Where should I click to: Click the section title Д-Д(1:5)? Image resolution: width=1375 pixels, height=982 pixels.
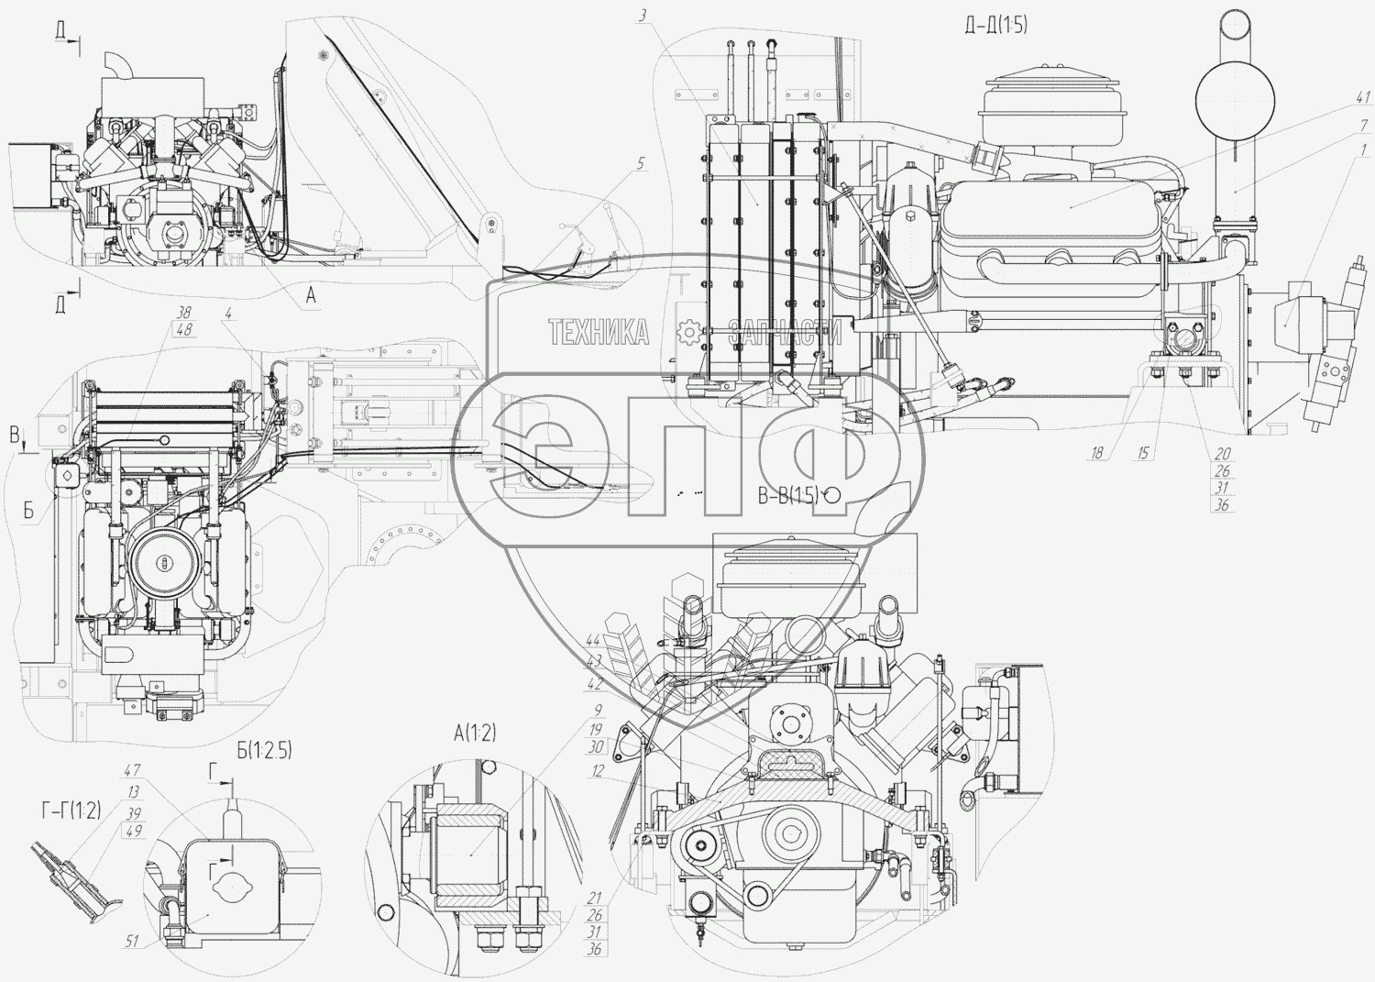(x=995, y=26)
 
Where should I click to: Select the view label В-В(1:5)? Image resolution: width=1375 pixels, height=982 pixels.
(x=787, y=497)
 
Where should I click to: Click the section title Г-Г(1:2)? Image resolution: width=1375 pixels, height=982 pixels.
(x=71, y=809)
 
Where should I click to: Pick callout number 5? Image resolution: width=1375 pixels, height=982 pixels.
(x=640, y=163)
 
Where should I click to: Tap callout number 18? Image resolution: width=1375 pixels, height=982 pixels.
(x=1097, y=453)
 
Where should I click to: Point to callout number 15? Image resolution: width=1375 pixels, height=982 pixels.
(x=1141, y=453)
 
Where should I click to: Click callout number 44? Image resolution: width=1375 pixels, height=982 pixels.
(x=594, y=641)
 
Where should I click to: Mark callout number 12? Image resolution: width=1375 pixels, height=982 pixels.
(x=598, y=771)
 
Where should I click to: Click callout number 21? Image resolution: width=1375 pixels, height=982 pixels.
(x=594, y=898)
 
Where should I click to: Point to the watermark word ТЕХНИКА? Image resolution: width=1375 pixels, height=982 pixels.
(x=599, y=332)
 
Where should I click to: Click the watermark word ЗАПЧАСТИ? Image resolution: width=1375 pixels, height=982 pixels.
(x=786, y=333)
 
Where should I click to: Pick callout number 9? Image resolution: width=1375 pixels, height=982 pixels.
(x=597, y=710)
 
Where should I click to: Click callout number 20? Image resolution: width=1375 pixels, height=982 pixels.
(x=1222, y=454)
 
